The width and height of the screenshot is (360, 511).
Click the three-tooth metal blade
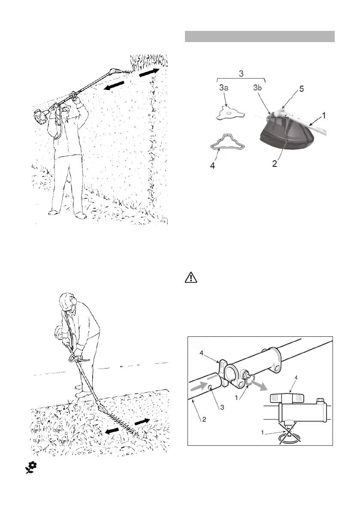(230, 114)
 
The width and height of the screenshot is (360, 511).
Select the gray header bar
(259, 36)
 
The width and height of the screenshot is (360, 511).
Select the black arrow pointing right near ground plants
(142, 422)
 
